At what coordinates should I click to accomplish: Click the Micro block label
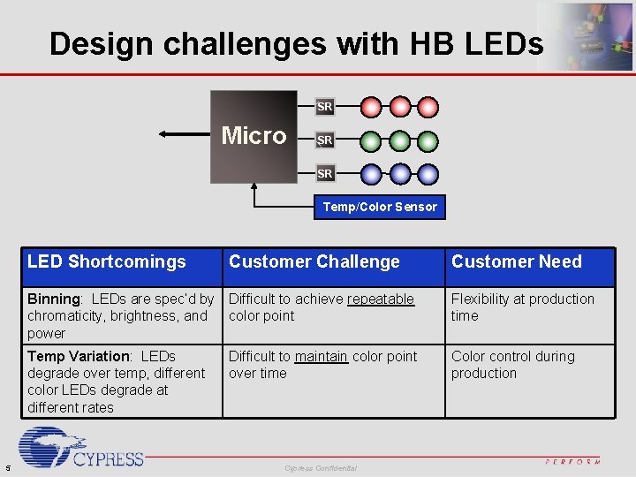pos(254,136)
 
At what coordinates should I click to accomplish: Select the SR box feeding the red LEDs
pos(325,107)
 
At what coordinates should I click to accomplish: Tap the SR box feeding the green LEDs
pos(325,140)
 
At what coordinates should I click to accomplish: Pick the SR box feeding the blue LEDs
pos(325,173)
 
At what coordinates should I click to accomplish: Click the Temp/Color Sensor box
pos(380,207)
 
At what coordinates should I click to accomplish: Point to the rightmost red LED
pos(428,108)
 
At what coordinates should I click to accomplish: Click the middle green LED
pos(400,140)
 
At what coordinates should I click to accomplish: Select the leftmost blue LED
pos(372,173)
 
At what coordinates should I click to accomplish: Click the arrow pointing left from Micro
pos(185,135)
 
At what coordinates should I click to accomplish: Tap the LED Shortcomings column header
pos(107,261)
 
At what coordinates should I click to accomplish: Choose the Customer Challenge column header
pos(314,261)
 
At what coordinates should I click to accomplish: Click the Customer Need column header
pos(517,261)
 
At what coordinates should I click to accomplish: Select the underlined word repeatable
pos(381,299)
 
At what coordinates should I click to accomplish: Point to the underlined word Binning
pos(53,299)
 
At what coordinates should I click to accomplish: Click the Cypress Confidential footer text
pos(321,467)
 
